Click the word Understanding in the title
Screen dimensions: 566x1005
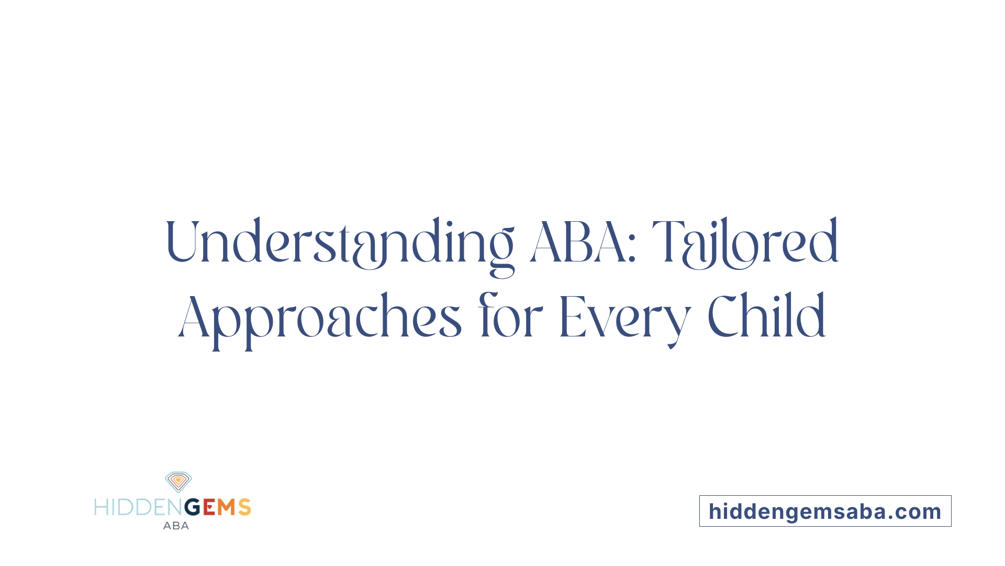(x=339, y=243)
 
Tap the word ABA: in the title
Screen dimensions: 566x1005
(x=583, y=243)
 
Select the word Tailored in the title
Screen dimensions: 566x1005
(x=745, y=243)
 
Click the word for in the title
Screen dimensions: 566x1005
(x=510, y=316)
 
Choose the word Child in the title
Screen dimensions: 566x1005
(x=766, y=316)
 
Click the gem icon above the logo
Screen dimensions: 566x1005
(x=178, y=482)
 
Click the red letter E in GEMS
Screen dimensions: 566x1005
(x=209, y=507)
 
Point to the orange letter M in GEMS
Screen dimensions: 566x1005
(x=227, y=507)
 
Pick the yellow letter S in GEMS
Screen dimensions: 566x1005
(x=244, y=507)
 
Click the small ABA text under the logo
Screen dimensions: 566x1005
(x=176, y=526)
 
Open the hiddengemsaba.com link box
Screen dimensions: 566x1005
(x=825, y=511)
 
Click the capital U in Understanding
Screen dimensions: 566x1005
(x=181, y=241)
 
